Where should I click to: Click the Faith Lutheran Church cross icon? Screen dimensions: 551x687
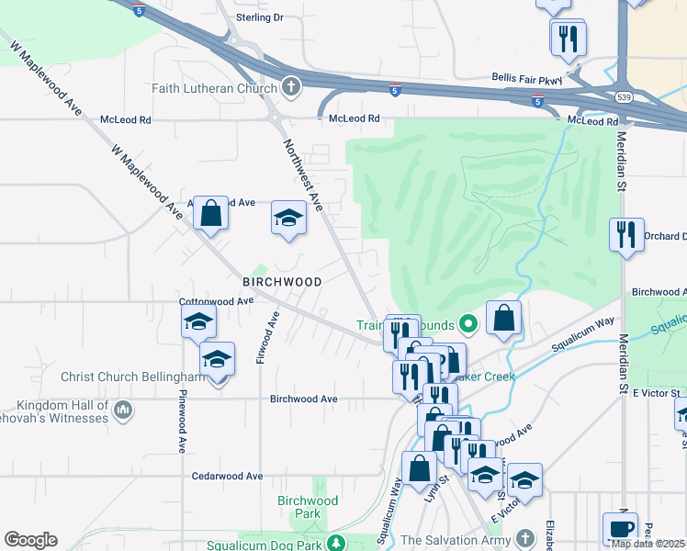pyautogui.click(x=291, y=88)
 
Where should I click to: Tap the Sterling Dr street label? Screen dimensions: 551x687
pyautogui.click(x=260, y=17)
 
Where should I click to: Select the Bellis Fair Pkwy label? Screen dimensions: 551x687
pyautogui.click(x=526, y=78)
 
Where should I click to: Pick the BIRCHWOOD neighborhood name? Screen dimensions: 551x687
pyautogui.click(x=282, y=282)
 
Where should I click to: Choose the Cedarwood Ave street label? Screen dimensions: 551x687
pyautogui.click(x=227, y=477)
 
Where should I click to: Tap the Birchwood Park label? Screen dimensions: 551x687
pyautogui.click(x=308, y=507)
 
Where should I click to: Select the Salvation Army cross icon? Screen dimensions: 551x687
pyautogui.click(x=524, y=538)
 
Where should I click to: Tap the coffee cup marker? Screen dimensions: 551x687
pyautogui.click(x=620, y=528)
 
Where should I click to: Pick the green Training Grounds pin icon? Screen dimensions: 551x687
pyautogui.click(x=468, y=324)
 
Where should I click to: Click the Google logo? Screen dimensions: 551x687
pyautogui.click(x=30, y=540)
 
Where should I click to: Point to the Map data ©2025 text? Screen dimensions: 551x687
pyautogui.click(x=648, y=543)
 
